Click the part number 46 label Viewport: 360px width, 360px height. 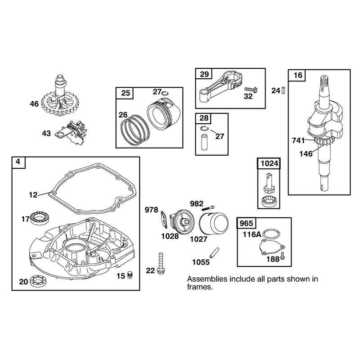[x=34, y=104]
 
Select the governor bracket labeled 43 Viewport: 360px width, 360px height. [x=71, y=133]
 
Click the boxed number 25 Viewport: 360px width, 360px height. [x=126, y=93]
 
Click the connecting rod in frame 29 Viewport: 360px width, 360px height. [x=219, y=86]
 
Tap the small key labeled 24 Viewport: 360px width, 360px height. [x=283, y=90]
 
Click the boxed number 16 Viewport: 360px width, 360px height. [x=298, y=75]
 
